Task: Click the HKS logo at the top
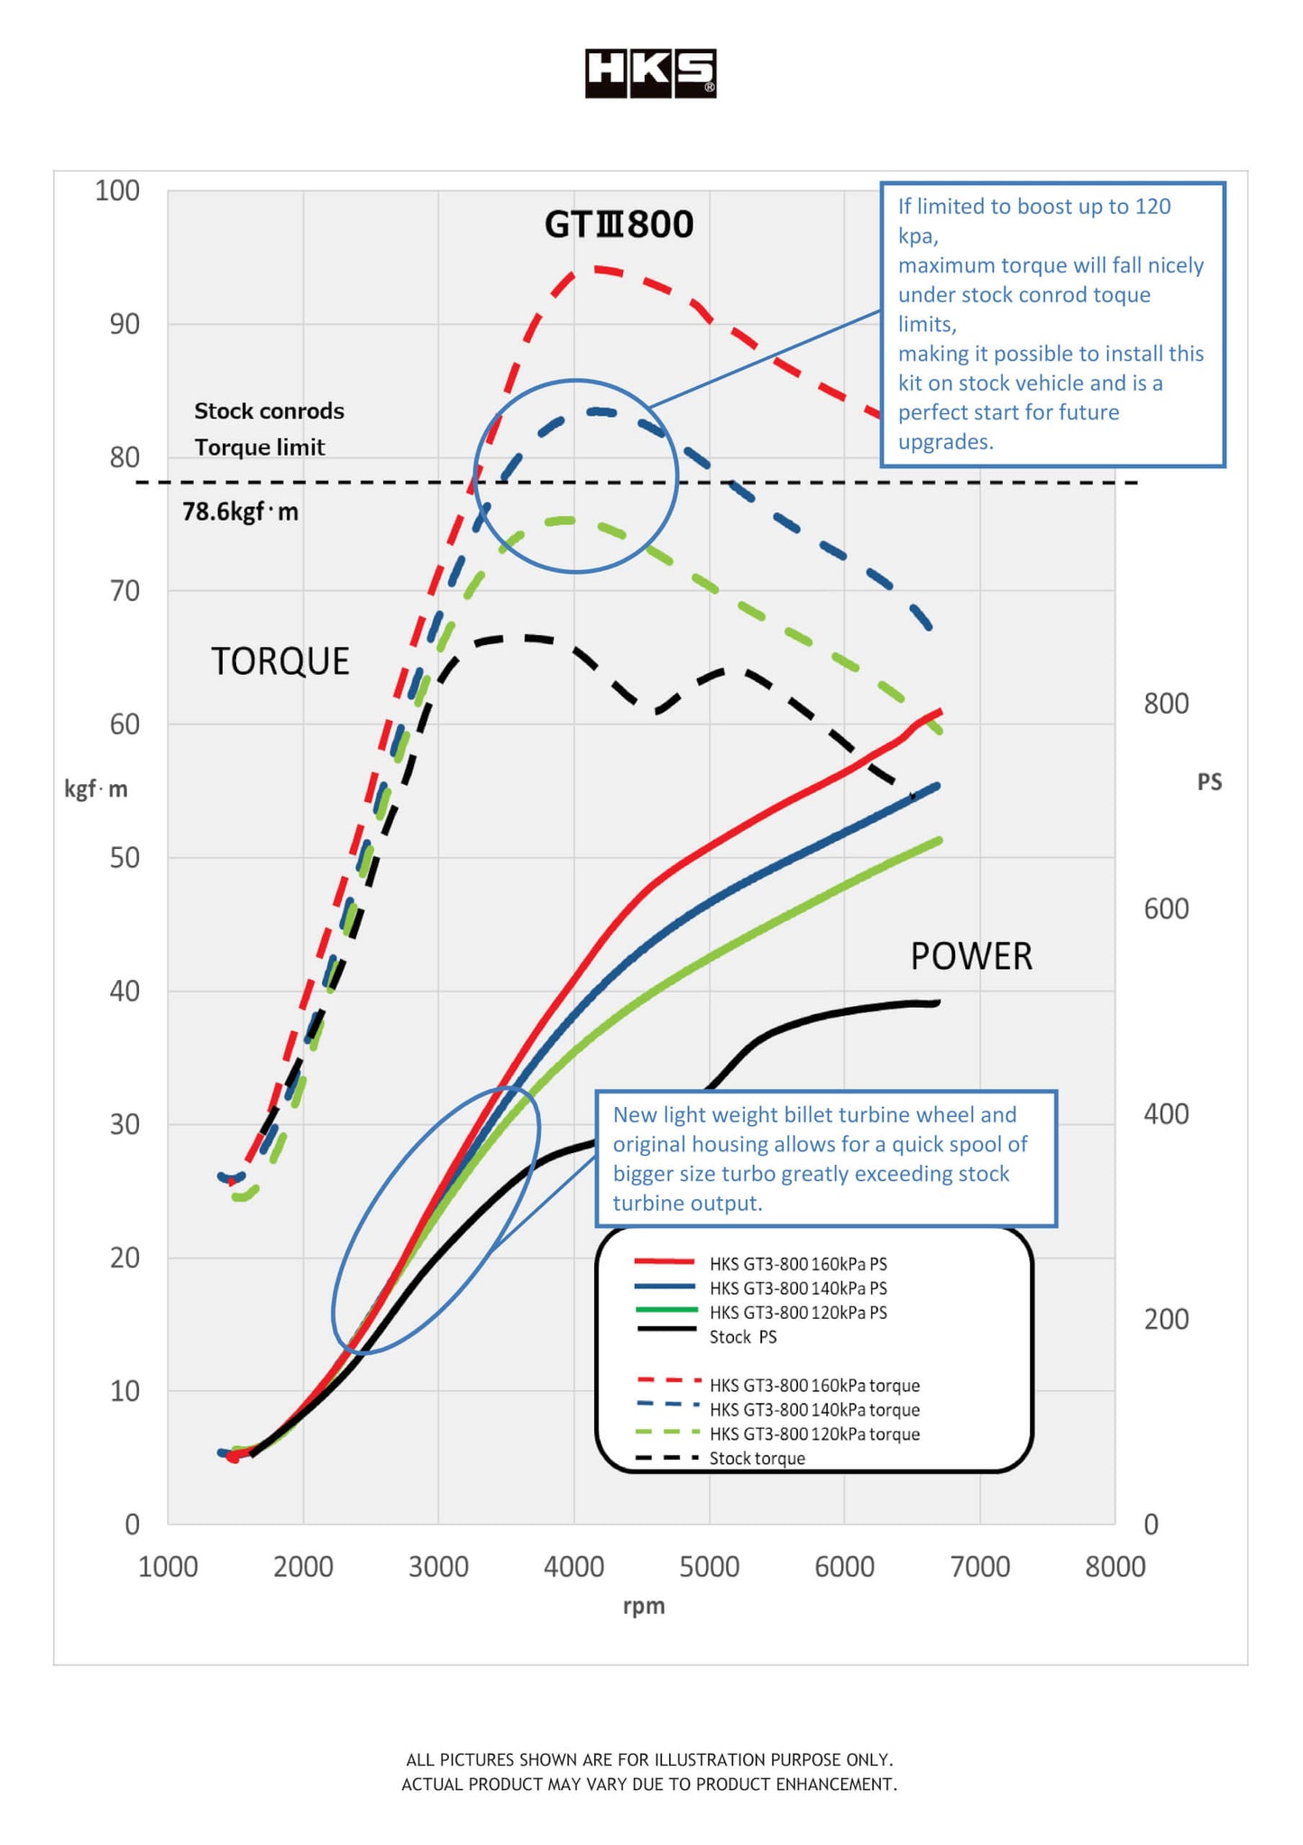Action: pyautogui.click(x=650, y=73)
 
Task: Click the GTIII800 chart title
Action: pyautogui.click(x=619, y=225)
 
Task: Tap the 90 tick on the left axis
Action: pyautogui.click(x=124, y=324)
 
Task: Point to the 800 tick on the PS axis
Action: pyautogui.click(x=1166, y=704)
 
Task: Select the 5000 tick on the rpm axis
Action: pyautogui.click(x=709, y=1567)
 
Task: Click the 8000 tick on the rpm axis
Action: pyautogui.click(x=1115, y=1567)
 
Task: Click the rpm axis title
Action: pyautogui.click(x=644, y=1606)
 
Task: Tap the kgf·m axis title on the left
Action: pyautogui.click(x=96, y=789)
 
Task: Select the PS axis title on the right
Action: pyautogui.click(x=1209, y=782)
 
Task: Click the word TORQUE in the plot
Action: pyautogui.click(x=280, y=661)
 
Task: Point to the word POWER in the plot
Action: pyautogui.click(x=971, y=956)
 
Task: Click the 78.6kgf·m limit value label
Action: pyautogui.click(x=240, y=512)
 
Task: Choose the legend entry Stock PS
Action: pyautogui.click(x=742, y=1337)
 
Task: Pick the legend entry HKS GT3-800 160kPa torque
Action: pyautogui.click(x=814, y=1386)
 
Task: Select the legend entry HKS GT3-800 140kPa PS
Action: pyautogui.click(x=798, y=1288)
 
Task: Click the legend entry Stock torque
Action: pyautogui.click(x=757, y=1459)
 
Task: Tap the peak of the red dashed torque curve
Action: pyautogui.click(x=595, y=269)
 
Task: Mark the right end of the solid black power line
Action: pyautogui.click(x=939, y=1002)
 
